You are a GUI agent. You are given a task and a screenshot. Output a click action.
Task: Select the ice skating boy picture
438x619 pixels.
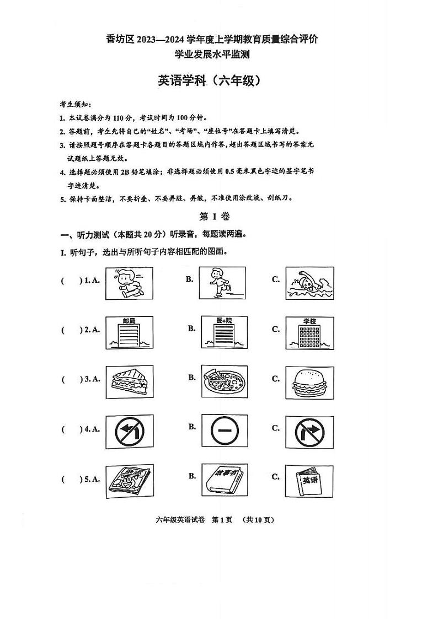[223, 283]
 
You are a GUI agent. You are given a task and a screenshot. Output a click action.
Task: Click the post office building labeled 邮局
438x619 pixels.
[129, 332]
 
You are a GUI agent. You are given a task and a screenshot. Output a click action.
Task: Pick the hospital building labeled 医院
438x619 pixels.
[223, 332]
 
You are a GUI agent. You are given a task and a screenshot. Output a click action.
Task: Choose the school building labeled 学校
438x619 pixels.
[309, 332]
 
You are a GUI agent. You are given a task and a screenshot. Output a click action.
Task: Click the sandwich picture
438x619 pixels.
[129, 381]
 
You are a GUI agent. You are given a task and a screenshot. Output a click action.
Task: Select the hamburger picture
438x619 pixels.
[309, 381]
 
